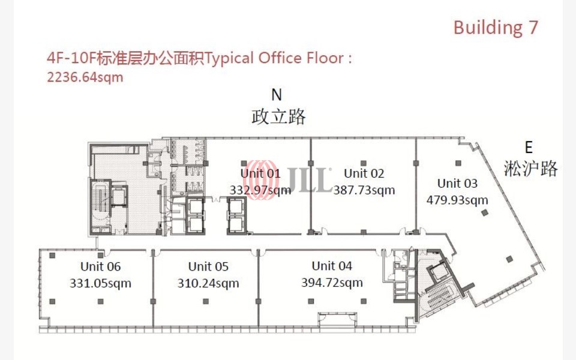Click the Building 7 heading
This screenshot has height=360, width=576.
[496, 28]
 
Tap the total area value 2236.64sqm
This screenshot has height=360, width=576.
[85, 77]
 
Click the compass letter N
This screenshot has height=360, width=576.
[277, 95]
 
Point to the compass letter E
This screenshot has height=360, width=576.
[529, 148]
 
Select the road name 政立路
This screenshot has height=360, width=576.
[278, 116]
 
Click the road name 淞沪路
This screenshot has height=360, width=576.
[532, 168]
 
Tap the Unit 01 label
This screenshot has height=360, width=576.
[260, 173]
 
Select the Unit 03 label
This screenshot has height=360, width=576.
[457, 183]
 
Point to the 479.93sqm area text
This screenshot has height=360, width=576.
[457, 200]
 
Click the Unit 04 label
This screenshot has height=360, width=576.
[332, 266]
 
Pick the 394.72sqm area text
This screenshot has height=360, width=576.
[332, 283]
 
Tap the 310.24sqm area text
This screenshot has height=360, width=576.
[208, 283]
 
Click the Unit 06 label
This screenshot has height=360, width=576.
[100, 266]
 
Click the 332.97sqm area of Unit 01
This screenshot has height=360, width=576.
[260, 190]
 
